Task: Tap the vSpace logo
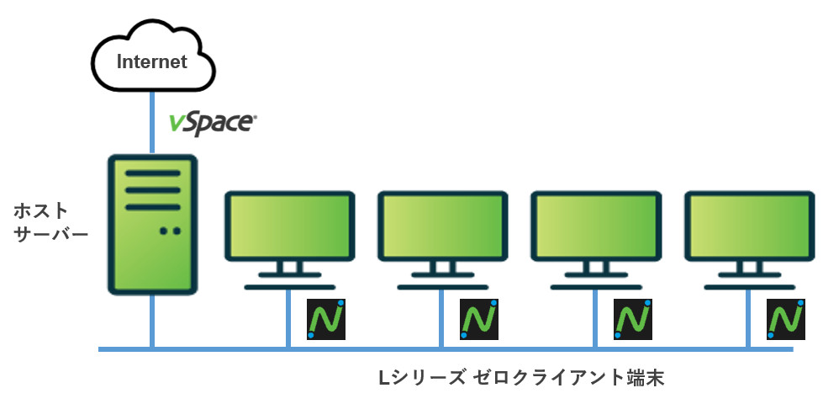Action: pos(212,123)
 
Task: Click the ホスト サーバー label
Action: pos(51,221)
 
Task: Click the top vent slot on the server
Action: pos(153,173)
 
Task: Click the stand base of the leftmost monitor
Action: pos(288,286)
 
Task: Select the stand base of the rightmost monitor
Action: pos(748,286)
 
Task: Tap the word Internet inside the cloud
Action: pos(151,61)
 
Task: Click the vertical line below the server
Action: pos(153,320)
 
